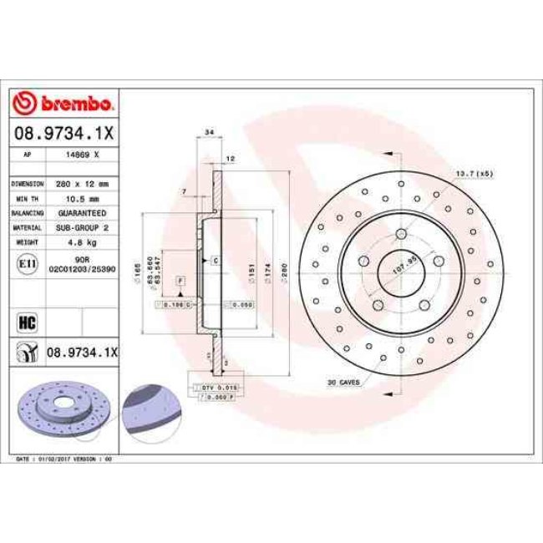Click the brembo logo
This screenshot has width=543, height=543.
coord(65,104)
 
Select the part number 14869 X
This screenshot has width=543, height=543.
coord(84,155)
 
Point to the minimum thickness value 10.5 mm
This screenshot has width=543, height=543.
coord(82,198)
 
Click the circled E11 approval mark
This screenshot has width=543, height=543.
coord(24,263)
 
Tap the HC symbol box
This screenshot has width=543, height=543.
coord(24,320)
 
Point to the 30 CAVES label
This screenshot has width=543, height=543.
coord(343,382)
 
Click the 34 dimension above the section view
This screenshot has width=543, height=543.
coord(208,133)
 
